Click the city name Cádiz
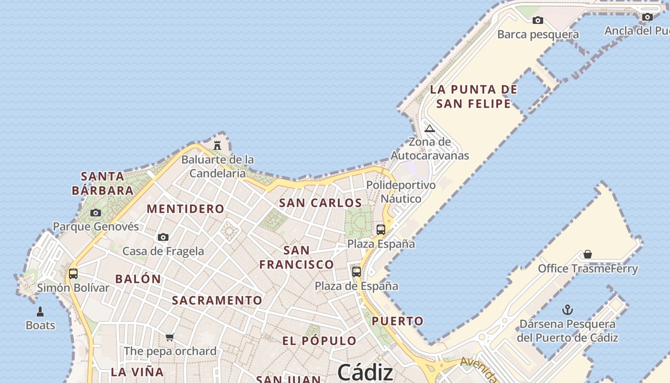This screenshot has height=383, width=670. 365,372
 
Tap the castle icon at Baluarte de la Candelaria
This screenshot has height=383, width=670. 217,145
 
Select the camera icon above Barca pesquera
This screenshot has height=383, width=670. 538,20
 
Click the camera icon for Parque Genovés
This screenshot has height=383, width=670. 96,213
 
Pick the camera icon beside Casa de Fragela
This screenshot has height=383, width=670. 163,237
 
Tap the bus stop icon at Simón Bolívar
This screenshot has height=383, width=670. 73,274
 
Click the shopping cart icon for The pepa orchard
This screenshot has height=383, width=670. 169,337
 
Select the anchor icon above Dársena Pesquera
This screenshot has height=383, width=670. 567,310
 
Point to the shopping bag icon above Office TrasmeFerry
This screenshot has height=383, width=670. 588,254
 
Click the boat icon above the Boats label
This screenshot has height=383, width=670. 40,312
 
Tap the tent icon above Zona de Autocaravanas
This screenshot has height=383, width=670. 429,128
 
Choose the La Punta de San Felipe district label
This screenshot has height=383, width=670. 473,96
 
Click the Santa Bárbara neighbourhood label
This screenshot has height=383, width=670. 102,183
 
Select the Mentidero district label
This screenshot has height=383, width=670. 185,209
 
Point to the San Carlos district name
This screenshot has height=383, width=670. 320,203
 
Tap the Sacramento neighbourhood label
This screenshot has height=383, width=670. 217,301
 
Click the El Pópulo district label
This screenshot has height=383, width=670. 319,341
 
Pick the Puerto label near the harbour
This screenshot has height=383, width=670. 398,321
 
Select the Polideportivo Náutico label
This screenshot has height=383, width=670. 401,191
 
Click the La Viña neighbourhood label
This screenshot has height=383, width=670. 137,372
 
